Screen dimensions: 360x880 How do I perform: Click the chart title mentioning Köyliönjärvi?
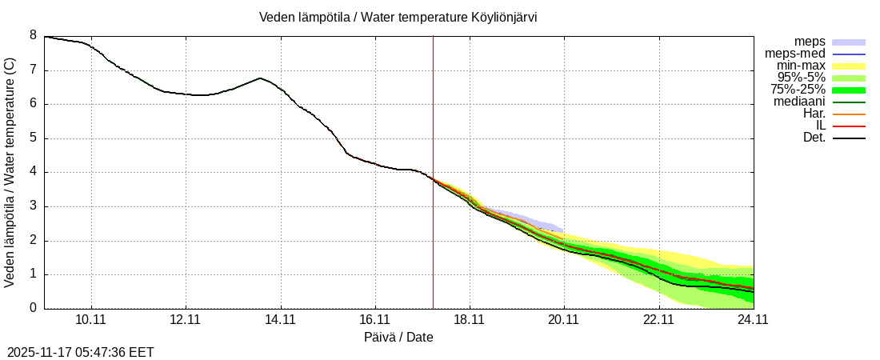tap(398, 18)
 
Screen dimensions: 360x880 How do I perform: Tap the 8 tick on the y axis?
tap(34, 35)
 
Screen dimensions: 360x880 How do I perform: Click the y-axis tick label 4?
tap(34, 172)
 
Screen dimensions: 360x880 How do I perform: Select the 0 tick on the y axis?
tap(34, 308)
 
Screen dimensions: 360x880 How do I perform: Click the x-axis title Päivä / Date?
tap(398, 338)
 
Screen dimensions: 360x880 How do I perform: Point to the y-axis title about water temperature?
tap(10, 172)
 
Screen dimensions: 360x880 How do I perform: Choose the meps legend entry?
tap(810, 42)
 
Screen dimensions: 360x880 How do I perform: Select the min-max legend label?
tap(802, 66)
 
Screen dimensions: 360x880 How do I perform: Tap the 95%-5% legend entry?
tap(802, 78)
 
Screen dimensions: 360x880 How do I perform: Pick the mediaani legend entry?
tap(799, 102)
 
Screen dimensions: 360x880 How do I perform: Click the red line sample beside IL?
tap(849, 126)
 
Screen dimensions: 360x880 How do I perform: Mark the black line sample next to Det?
tap(849, 138)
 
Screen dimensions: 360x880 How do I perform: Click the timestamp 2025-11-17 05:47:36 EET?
tap(81, 352)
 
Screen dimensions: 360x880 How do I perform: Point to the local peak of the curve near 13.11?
tap(260, 78)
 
